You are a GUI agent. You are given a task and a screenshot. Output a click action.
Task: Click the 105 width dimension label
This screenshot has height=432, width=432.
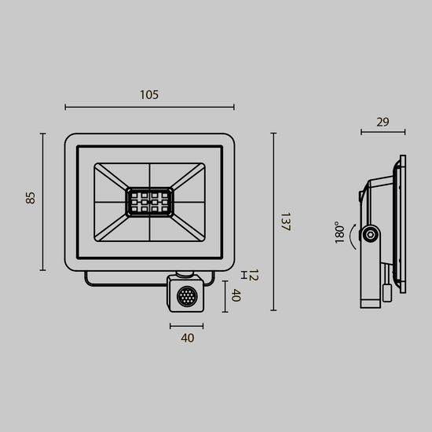[x=149, y=95]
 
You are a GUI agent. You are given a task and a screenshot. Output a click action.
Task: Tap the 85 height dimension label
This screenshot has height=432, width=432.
[x=31, y=197]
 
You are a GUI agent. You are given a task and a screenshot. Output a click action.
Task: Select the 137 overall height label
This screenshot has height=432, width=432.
[x=285, y=221]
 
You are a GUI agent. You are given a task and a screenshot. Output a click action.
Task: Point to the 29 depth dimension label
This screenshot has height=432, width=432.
[x=383, y=122]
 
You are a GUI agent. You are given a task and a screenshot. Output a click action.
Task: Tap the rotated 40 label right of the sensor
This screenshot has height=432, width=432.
[x=234, y=296]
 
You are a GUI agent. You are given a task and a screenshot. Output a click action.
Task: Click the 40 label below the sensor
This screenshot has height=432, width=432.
[x=187, y=339]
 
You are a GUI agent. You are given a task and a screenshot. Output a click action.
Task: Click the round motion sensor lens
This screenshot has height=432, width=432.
[x=188, y=297]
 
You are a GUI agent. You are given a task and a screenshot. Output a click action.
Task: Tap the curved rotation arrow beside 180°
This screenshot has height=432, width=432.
[x=353, y=235]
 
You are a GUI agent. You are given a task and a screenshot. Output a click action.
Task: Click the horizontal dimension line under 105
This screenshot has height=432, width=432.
[x=149, y=107]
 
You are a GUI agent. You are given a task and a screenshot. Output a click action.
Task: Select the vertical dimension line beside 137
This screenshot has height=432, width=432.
[x=273, y=221]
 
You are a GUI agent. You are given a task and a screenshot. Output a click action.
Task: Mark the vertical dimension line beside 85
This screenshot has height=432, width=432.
[x=43, y=201]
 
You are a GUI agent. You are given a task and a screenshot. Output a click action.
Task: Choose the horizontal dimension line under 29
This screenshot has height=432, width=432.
[x=383, y=132]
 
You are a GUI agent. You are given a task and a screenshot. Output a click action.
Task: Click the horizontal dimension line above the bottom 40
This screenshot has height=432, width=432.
[x=187, y=325]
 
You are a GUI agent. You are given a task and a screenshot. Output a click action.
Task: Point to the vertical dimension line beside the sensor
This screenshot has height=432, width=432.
[x=225, y=296]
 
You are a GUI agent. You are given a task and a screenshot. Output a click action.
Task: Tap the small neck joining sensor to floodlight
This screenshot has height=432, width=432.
[x=187, y=274]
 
